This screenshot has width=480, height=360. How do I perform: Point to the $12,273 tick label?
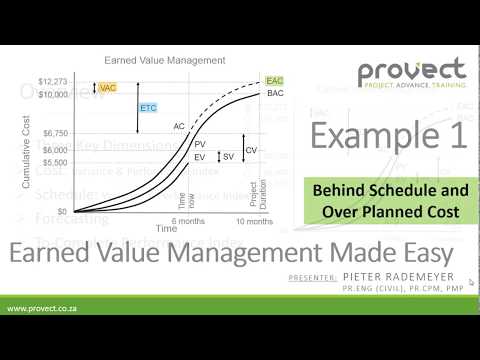[x=52, y=81]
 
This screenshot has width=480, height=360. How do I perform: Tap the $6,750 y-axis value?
[x=54, y=132]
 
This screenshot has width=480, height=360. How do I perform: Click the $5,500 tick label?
[x=54, y=161]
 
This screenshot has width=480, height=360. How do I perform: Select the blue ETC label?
[x=148, y=107]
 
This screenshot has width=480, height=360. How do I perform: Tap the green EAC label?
[x=275, y=81]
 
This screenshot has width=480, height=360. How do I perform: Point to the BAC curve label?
[x=276, y=93]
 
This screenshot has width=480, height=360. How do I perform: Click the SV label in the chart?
[x=228, y=157]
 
